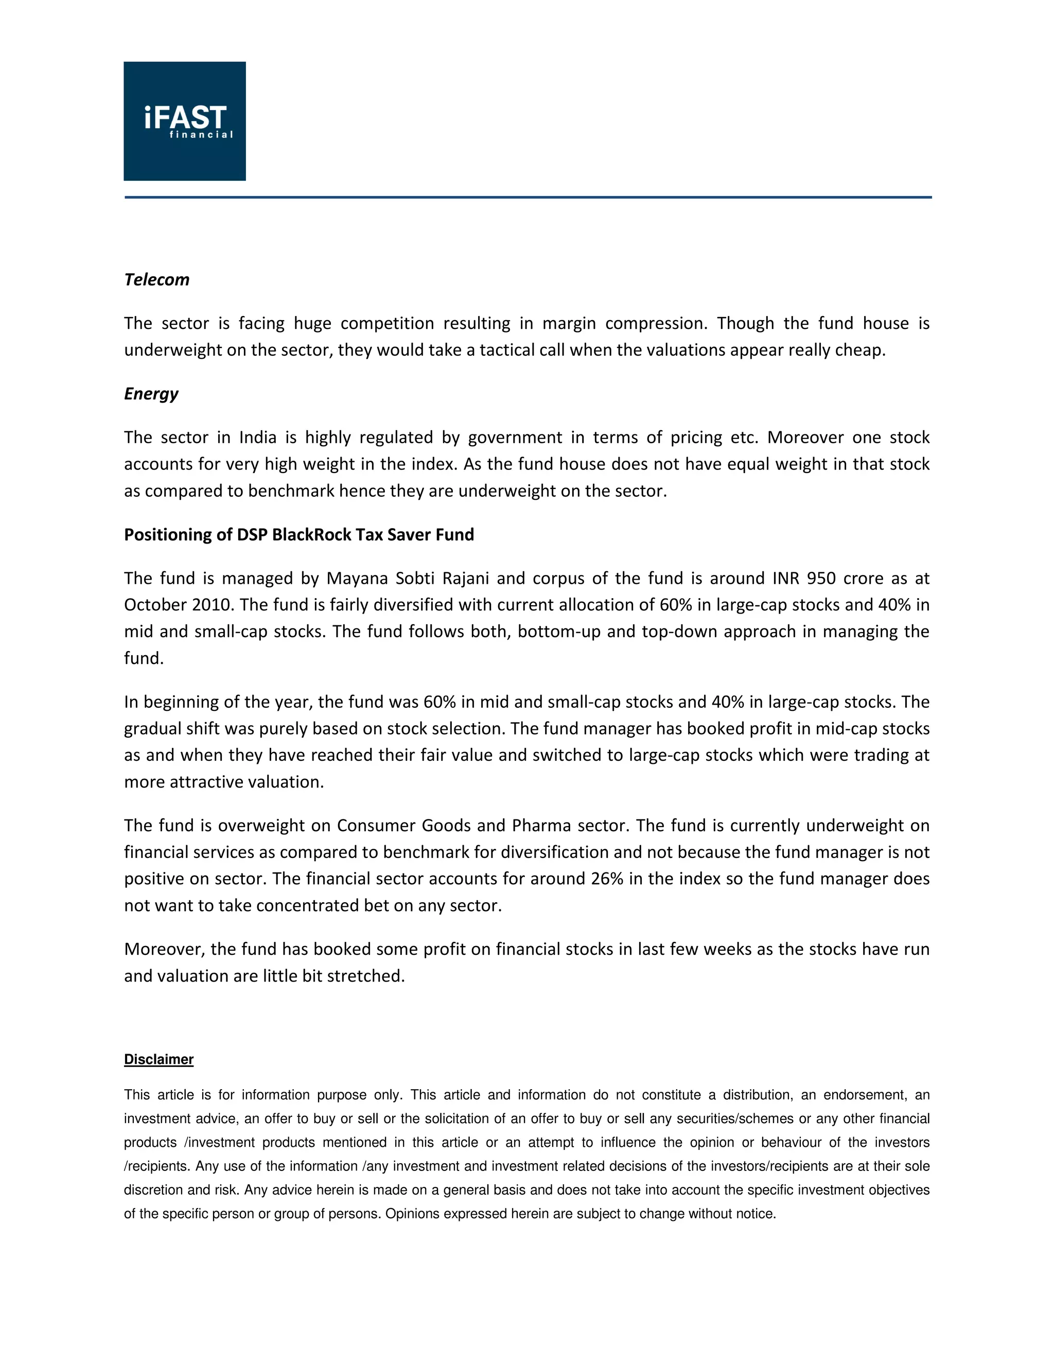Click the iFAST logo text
click(185, 119)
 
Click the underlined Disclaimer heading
click(159, 1059)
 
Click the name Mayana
click(357, 579)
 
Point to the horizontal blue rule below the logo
click(528, 197)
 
